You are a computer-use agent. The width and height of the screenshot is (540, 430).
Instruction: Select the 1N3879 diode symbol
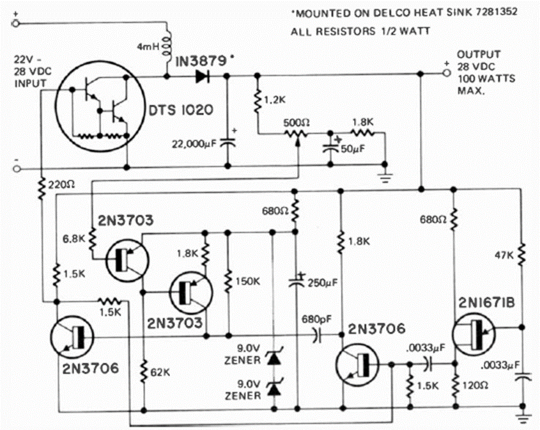pyautogui.click(x=203, y=77)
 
